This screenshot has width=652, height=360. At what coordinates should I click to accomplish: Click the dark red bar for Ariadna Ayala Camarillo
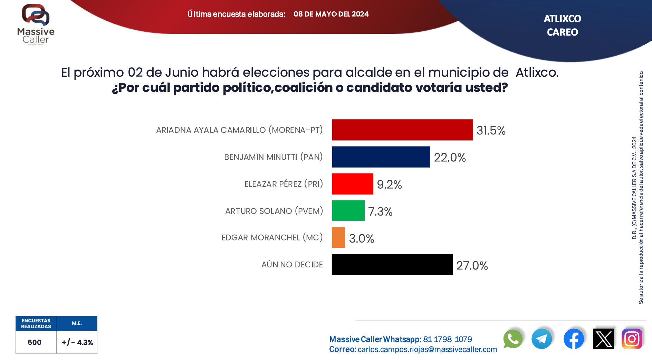coord(402,130)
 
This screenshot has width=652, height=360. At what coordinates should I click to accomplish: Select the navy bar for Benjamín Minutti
coord(381,157)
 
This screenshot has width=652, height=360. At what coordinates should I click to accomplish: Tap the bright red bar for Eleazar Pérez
coord(353,184)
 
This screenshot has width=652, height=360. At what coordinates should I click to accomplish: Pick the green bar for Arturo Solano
coord(348,211)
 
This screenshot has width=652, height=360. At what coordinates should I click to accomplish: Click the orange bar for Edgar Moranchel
coord(338,238)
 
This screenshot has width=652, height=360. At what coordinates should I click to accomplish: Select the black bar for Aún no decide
coord(392,265)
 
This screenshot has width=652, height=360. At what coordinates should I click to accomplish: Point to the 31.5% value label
coord(491,131)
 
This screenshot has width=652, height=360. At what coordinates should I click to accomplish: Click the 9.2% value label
coord(389,184)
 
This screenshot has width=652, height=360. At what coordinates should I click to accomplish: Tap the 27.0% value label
coord(472,266)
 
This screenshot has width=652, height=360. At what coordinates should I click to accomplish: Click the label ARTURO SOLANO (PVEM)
coord(274,211)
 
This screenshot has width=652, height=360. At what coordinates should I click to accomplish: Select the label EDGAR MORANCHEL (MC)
coord(272,238)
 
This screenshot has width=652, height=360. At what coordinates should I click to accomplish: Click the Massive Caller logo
coord(36,24)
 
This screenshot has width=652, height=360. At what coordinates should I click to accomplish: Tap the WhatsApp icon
coord(513,339)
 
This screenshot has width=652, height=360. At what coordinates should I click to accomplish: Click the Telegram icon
coord(541,339)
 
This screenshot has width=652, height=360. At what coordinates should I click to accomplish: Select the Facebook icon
coord(574,339)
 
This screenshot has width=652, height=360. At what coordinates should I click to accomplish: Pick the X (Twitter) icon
coord(603,339)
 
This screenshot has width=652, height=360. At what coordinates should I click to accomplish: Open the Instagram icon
coord(632,339)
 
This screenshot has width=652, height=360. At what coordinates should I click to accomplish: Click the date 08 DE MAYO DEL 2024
coord(331,14)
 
